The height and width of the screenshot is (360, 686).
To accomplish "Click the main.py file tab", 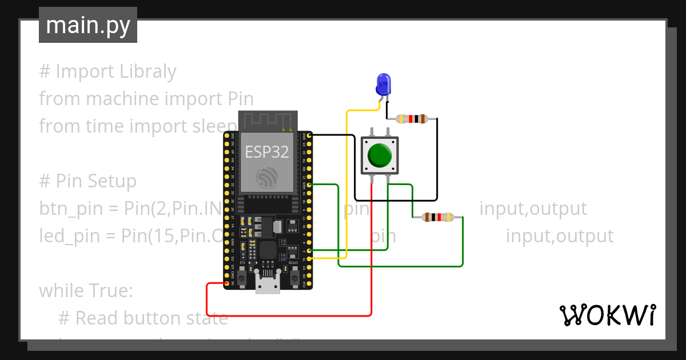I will pyautogui.click(x=87, y=25).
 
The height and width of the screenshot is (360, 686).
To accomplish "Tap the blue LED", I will pyautogui.click(x=382, y=85).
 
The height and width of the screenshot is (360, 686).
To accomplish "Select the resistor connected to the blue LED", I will pyautogui.click(x=412, y=119).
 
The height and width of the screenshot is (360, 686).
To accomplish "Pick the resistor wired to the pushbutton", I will pyautogui.click(x=437, y=217).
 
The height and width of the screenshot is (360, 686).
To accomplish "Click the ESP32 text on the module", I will pyautogui.click(x=267, y=151).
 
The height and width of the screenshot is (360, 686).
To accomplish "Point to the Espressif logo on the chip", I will pyautogui.click(x=267, y=178).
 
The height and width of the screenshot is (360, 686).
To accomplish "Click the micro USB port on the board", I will pyautogui.click(x=268, y=284).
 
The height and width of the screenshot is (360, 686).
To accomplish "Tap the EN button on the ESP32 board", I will pyautogui.click(x=242, y=278).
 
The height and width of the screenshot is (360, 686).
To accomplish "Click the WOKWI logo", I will pyautogui.click(x=607, y=315).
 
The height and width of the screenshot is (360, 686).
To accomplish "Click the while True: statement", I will pyautogui.click(x=86, y=291).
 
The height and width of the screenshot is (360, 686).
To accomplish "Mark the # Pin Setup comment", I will pyautogui.click(x=88, y=181).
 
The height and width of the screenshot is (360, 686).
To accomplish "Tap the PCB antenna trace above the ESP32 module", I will pyautogui.click(x=267, y=121).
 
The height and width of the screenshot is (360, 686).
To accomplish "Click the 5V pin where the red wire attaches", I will pyautogui.click(x=227, y=283).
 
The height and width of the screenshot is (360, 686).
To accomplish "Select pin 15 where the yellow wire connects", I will pyautogui.click(x=309, y=259).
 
